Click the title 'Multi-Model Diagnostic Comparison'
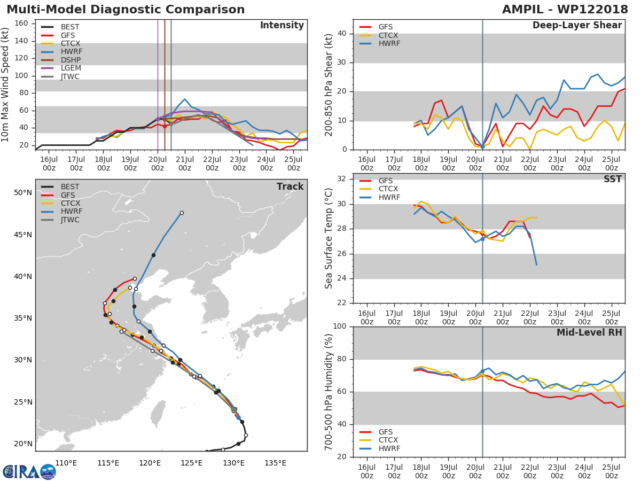(126, 10)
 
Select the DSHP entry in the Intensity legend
(67, 60)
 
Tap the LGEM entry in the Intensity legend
(67, 68)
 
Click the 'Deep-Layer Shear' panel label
(577, 26)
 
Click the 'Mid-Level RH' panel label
(589, 332)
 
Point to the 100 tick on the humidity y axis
(342, 326)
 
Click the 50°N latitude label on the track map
(22, 192)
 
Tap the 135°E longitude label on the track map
(276, 463)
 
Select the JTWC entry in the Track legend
(70, 220)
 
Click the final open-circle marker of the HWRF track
(182, 213)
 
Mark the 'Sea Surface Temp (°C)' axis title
(329, 238)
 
